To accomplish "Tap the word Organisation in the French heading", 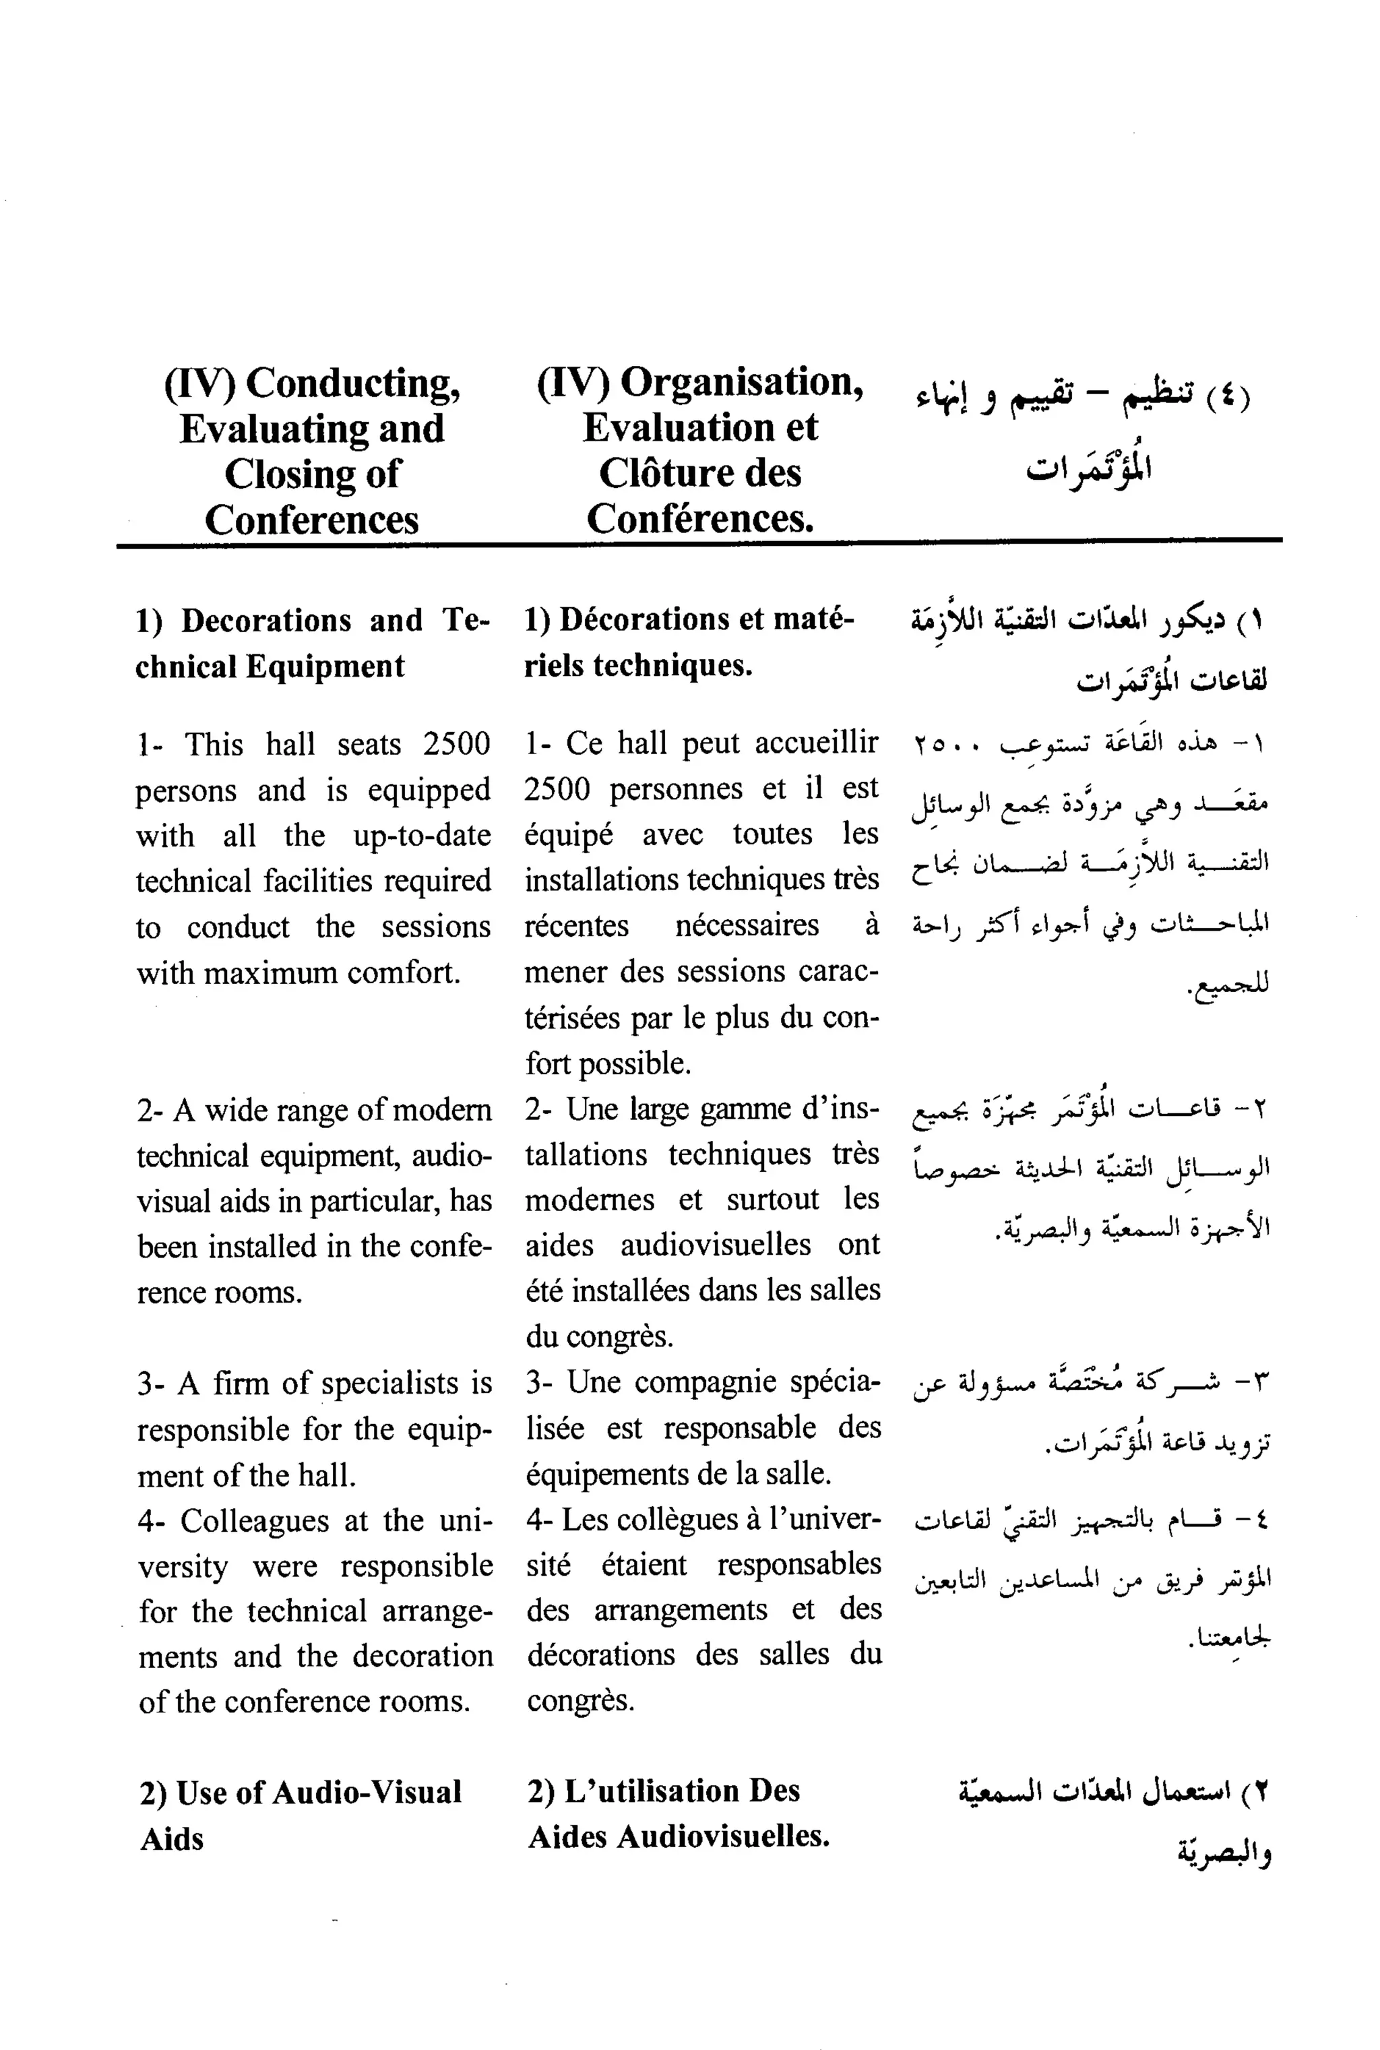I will [x=741, y=382].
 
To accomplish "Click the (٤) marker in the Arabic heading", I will [x=1227, y=397].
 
